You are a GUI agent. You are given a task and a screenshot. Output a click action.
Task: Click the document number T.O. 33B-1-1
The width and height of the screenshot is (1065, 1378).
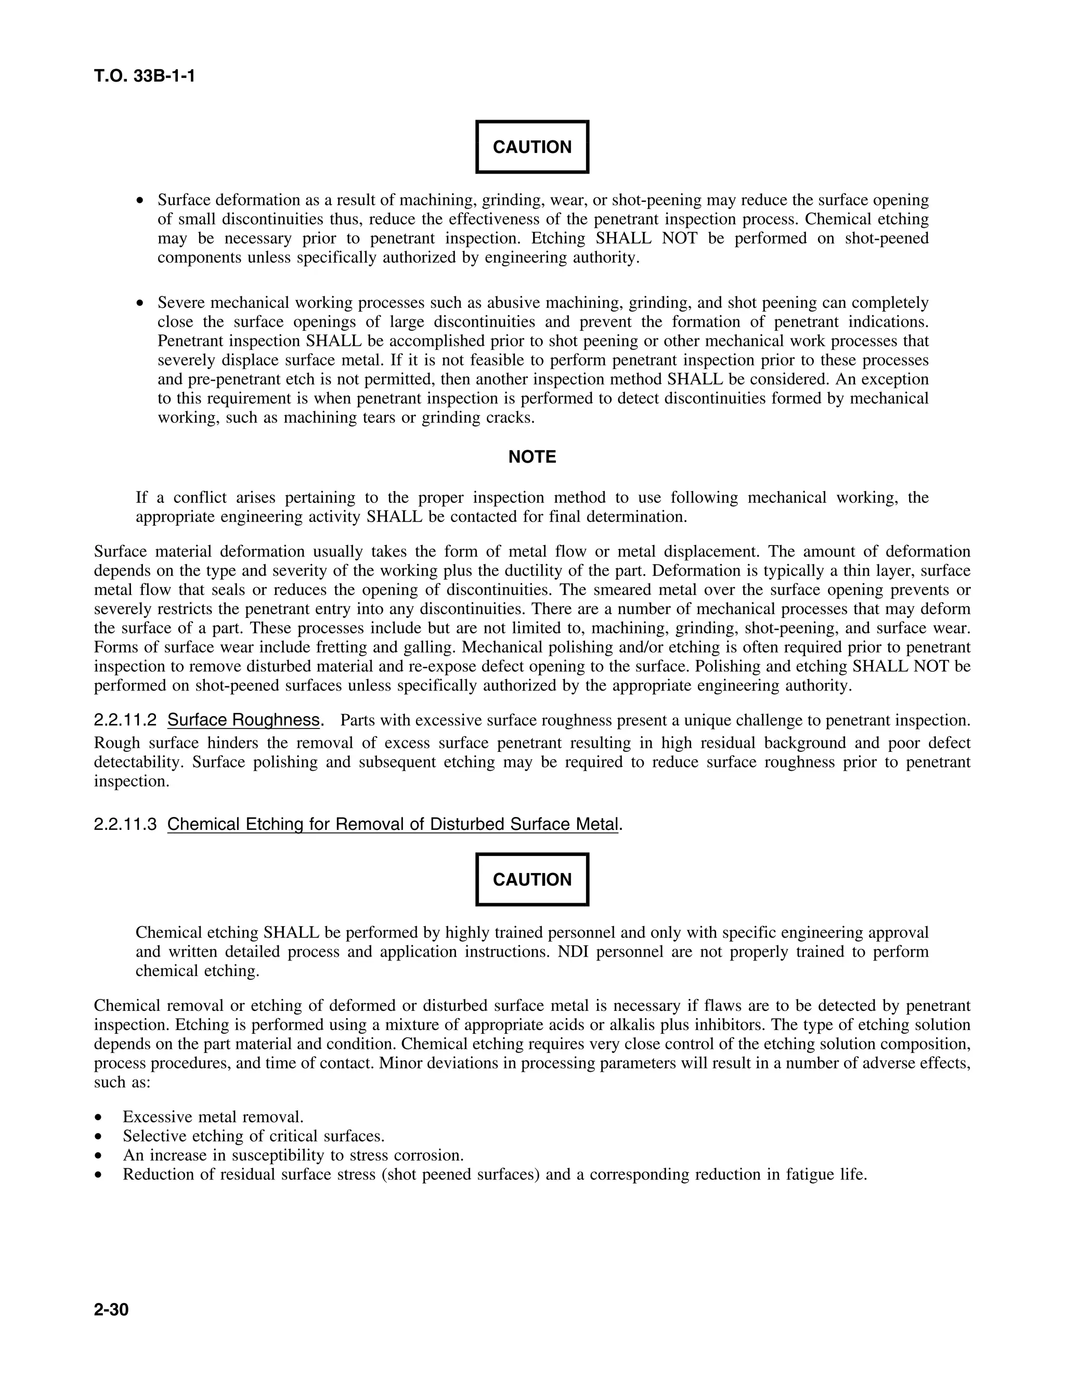coord(145,77)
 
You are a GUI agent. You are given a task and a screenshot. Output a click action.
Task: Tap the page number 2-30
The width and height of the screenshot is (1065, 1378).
coord(111,1310)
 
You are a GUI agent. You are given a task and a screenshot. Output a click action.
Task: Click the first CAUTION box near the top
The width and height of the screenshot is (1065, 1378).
coord(532,147)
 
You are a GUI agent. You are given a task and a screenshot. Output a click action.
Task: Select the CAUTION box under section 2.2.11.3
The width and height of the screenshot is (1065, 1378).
coord(532,879)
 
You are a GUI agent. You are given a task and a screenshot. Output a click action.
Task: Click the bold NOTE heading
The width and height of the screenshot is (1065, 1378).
coord(532,457)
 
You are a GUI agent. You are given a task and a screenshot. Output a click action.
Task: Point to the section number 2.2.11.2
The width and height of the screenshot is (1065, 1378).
coord(125,720)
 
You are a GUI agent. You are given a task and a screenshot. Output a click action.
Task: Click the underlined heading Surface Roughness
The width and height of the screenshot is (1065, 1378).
coord(243,720)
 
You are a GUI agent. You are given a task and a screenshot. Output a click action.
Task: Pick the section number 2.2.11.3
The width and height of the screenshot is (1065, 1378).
coord(125,824)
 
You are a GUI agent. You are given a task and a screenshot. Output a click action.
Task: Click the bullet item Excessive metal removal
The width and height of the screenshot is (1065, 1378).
coord(213,1117)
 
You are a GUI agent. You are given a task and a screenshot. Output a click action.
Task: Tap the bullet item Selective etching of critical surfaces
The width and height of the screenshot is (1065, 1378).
coord(253,1136)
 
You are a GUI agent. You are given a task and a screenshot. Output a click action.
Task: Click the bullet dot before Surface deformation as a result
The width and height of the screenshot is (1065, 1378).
coord(141,201)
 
